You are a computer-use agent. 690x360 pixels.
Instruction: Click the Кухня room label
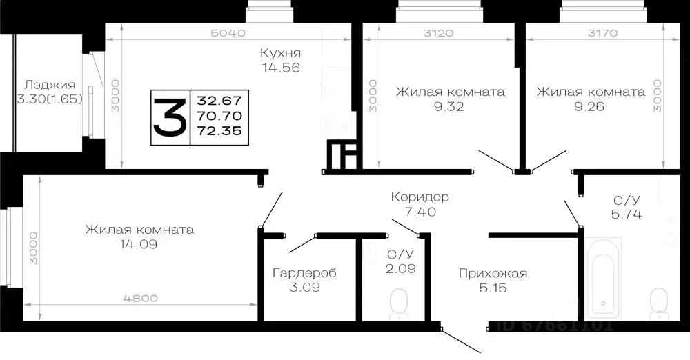coord(280,53)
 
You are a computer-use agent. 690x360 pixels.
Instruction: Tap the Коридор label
coord(420,197)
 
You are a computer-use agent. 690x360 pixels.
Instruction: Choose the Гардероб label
coord(304,272)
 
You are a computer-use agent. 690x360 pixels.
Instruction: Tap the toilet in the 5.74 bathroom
coord(659,301)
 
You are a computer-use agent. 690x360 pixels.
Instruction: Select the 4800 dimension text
coord(140,298)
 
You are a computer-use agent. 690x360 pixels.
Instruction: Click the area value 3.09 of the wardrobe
coord(304,287)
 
